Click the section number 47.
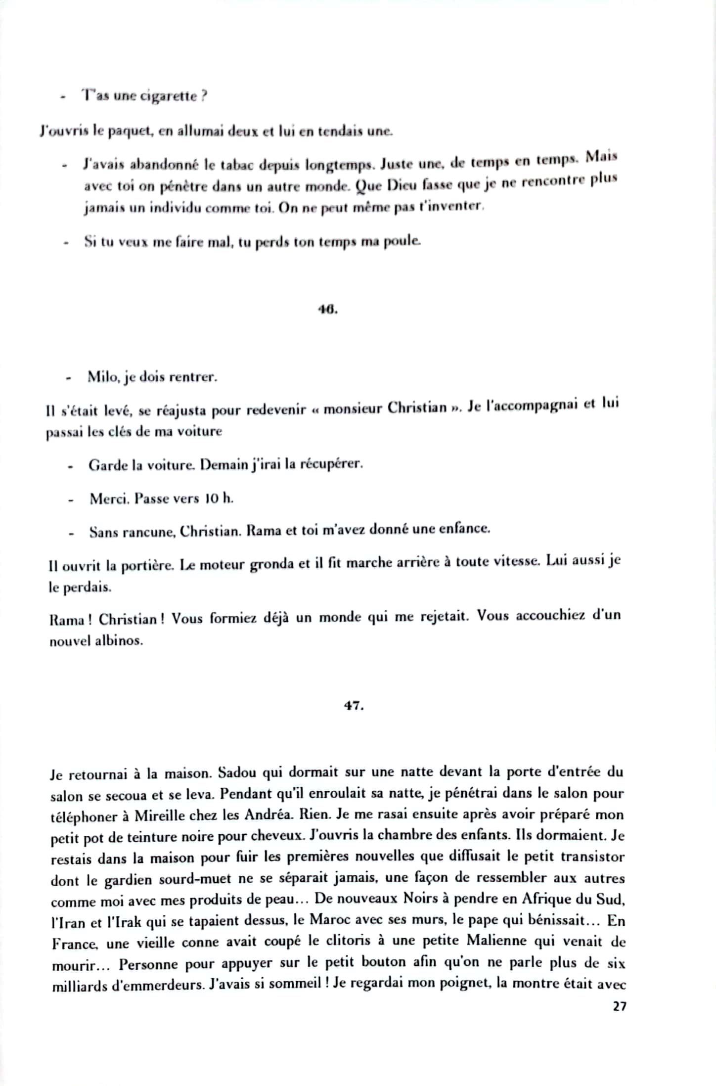click(x=354, y=706)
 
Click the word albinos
click(x=119, y=641)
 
